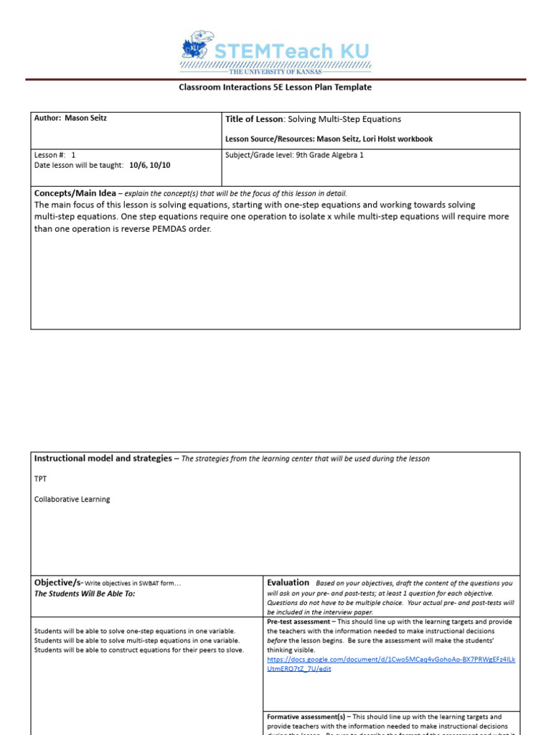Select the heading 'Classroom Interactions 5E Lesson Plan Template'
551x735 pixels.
tap(275, 88)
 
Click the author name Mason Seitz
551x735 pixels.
tap(85, 118)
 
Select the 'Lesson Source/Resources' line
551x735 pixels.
tap(329, 139)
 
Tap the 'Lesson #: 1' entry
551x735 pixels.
tap(55, 155)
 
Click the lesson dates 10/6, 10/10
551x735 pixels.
tap(150, 165)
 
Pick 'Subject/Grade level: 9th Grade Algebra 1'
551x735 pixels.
tap(294, 155)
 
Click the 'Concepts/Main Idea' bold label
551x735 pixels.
tap(75, 193)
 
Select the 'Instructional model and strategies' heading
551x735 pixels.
tap(103, 459)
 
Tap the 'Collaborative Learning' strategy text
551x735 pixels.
tap(72, 500)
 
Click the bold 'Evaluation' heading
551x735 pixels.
tap(288, 583)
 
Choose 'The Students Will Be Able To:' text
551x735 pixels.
tap(85, 594)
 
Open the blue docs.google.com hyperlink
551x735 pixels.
tap(390, 664)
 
